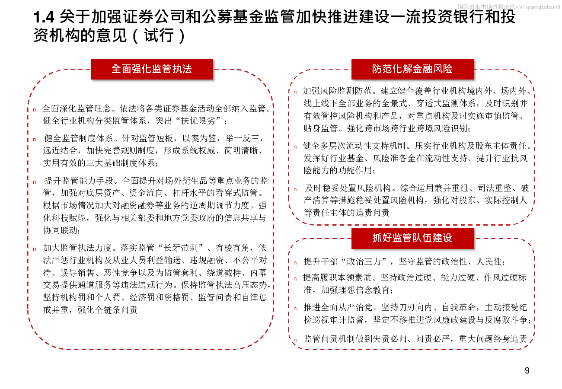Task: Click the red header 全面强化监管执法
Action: [x=152, y=69]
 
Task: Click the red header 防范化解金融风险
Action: [x=412, y=69]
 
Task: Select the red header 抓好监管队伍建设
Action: [x=412, y=238]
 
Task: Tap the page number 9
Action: [x=527, y=370]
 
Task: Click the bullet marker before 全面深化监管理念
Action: [x=35, y=110]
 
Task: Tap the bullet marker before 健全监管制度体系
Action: [x=35, y=140]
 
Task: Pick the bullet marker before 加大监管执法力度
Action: [x=35, y=249]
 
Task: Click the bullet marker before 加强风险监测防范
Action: [x=295, y=92]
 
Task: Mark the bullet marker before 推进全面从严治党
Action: [x=295, y=309]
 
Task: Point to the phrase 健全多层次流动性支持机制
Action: [x=354, y=146]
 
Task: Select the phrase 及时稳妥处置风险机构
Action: [x=348, y=188]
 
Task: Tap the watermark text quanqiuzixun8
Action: [x=543, y=7]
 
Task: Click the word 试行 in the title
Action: [x=159, y=35]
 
